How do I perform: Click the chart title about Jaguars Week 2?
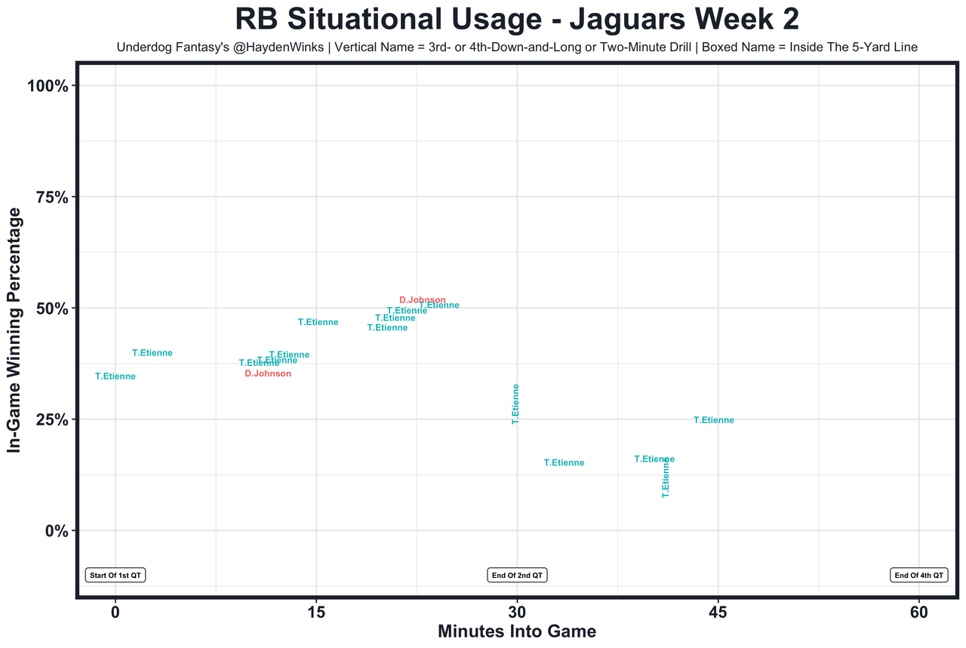coord(517,20)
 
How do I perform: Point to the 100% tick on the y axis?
coord(53,86)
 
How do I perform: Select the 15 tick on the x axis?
coord(316,613)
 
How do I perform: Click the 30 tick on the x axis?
coord(517,613)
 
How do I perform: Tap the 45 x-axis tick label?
coord(718,613)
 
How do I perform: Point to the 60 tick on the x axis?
coord(918,613)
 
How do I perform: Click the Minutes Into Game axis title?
coord(517,632)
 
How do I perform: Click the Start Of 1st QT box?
coord(115,576)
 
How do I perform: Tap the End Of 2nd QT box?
coord(517,576)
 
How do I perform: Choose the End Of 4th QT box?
coord(918,576)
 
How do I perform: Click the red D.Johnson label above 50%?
coord(423,300)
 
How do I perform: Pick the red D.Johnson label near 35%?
coord(268,374)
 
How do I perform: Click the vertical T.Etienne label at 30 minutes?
coord(516,404)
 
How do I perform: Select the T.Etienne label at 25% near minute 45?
coord(714,421)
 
